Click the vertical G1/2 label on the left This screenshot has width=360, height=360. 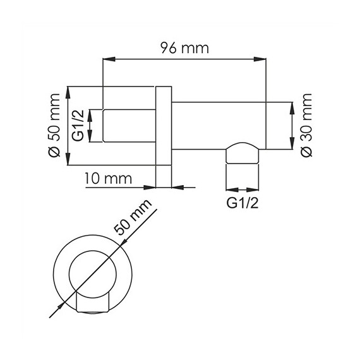79,126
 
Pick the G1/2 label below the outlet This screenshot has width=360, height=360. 243,203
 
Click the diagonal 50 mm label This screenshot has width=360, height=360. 133,218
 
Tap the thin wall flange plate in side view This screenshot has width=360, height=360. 163,136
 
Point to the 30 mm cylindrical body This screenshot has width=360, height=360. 218,125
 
